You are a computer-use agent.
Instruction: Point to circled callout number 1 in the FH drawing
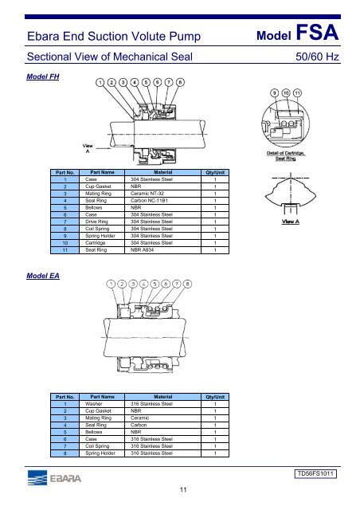point(101,81)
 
